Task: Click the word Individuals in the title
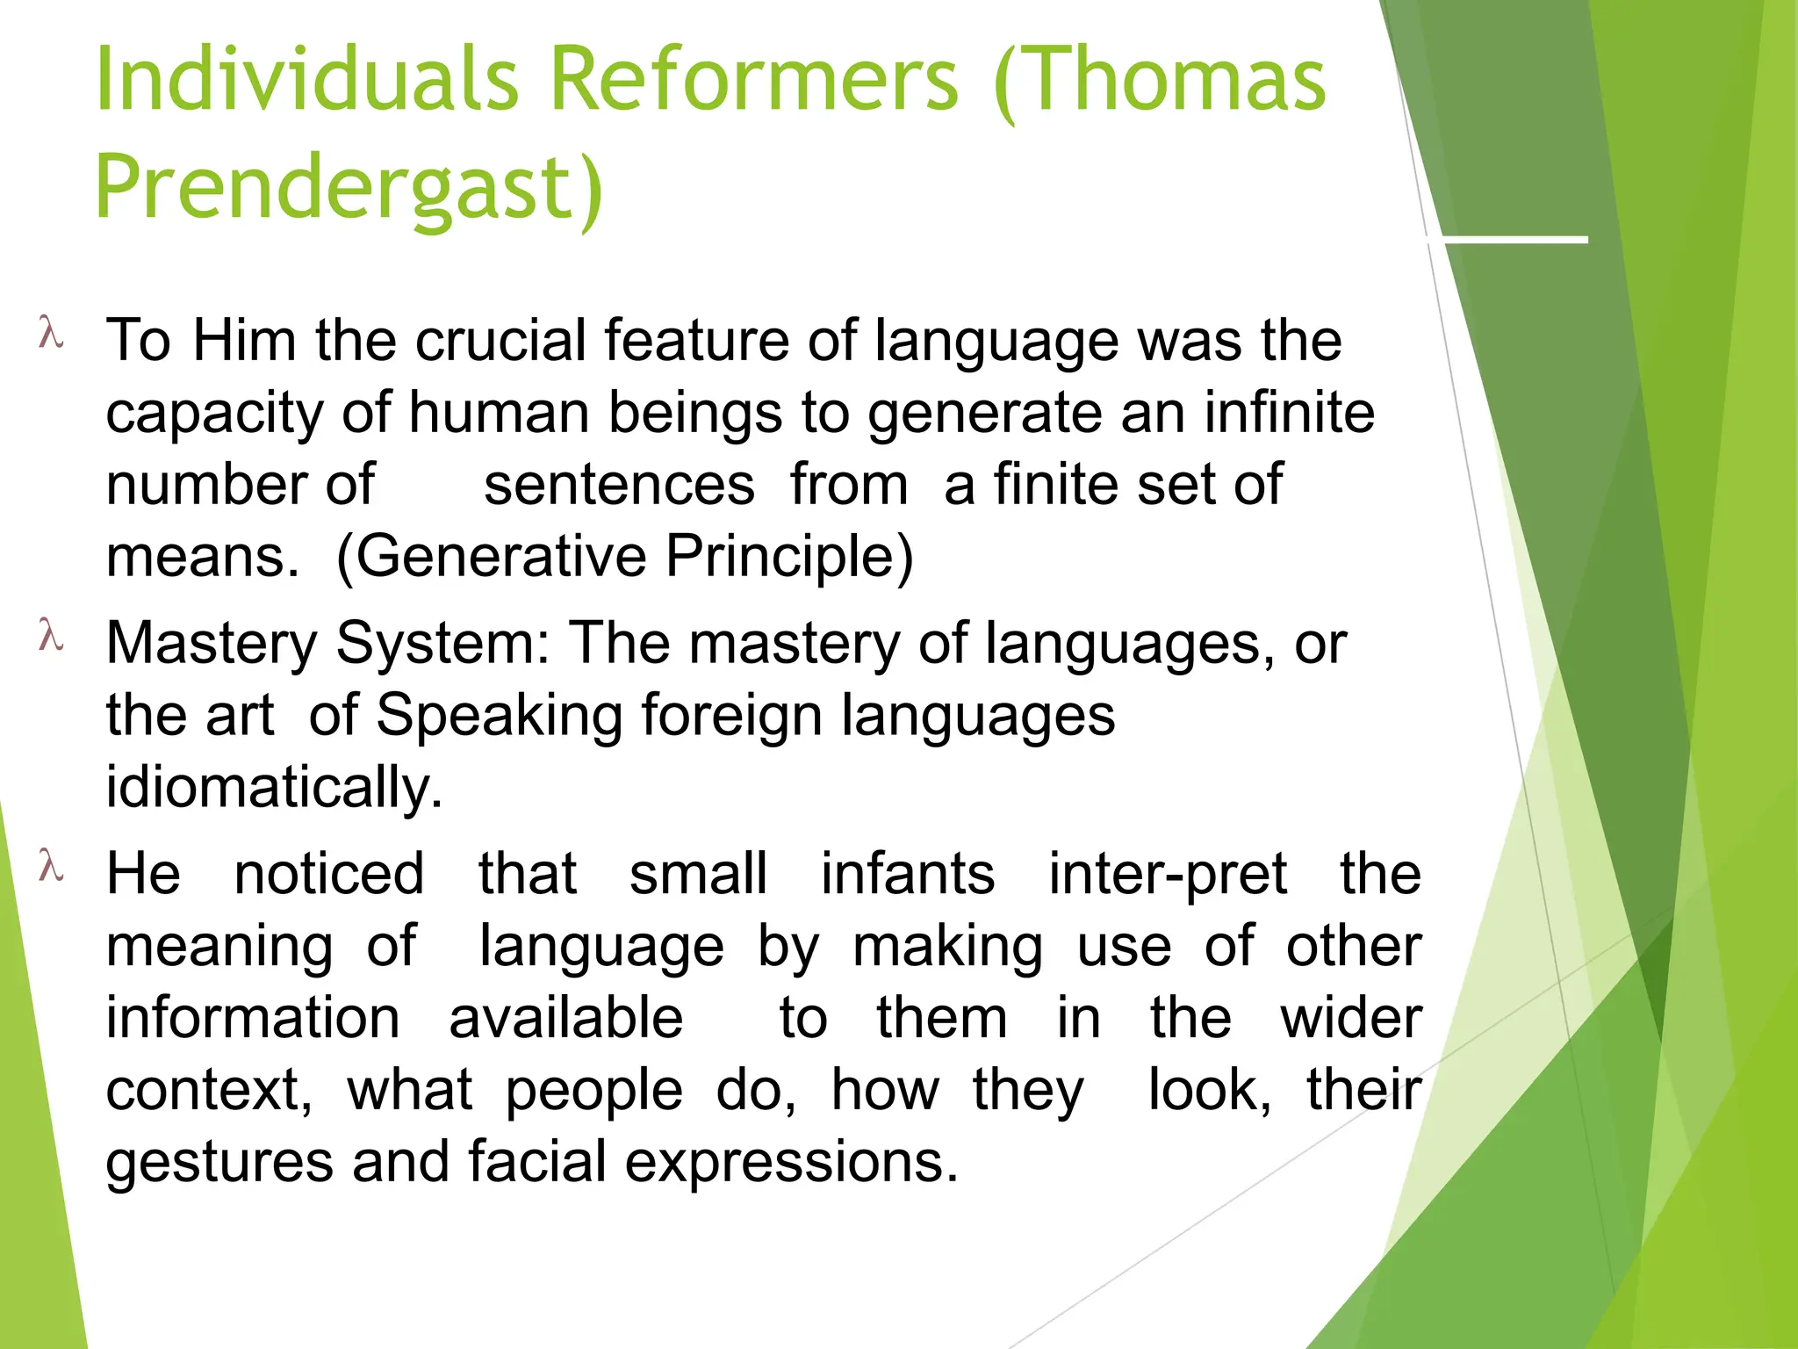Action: click(x=307, y=81)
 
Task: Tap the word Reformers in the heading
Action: click(x=755, y=81)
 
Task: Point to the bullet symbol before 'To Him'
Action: click(x=51, y=335)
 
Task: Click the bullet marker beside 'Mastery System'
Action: click(x=51, y=638)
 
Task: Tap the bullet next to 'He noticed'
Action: click(x=51, y=868)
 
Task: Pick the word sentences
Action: click(x=619, y=485)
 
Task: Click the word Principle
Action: click(x=788, y=557)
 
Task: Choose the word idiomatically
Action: click(x=274, y=787)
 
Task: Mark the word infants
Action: click(x=908, y=875)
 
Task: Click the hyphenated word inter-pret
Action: click(x=1168, y=875)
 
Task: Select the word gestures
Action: click(x=219, y=1163)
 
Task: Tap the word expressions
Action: click(x=790, y=1163)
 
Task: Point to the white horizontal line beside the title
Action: click(x=1507, y=239)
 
